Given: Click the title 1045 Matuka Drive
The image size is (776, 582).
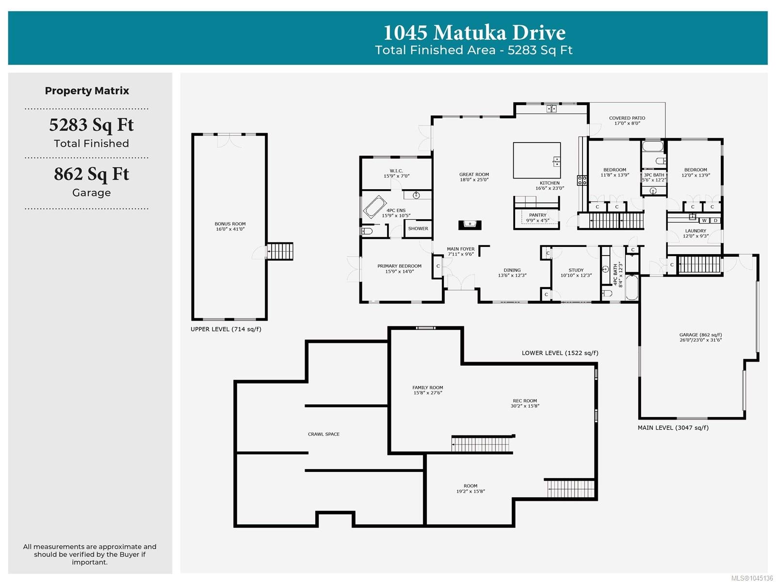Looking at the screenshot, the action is (474, 32).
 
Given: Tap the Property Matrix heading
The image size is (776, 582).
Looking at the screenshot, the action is (87, 91).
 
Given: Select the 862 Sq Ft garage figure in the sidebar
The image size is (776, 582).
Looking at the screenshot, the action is (92, 174).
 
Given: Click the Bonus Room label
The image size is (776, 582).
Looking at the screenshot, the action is (230, 224).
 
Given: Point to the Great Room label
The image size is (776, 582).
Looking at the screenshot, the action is (474, 174).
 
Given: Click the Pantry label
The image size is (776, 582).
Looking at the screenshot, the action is (537, 215).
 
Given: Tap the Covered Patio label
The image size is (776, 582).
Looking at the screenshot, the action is (627, 118).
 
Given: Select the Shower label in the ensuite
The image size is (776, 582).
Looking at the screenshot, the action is (418, 228).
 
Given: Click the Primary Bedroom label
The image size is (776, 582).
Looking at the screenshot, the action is (399, 266).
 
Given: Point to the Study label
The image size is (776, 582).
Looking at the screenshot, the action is (576, 270).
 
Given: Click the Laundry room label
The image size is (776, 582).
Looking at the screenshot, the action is (695, 231).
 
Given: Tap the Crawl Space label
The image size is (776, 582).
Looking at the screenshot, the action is (323, 434).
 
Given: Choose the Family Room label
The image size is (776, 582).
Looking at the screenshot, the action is (427, 388).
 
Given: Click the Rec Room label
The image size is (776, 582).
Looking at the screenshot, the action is (525, 401).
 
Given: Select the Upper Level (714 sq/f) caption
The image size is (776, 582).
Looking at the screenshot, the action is (226, 329).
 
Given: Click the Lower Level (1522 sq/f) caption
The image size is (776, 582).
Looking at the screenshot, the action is (560, 353).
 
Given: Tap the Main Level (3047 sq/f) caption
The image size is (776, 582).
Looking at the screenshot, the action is (673, 428).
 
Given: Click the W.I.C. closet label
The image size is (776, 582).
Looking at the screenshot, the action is (396, 171).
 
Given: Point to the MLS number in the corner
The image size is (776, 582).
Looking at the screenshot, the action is (752, 578).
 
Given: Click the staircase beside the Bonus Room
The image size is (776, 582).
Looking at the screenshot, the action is (280, 251).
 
